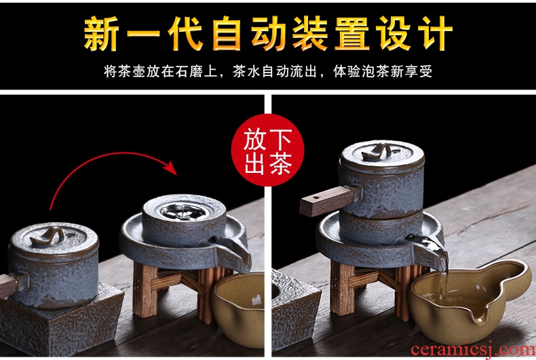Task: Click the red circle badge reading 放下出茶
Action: [267, 150]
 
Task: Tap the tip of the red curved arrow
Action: [176, 174]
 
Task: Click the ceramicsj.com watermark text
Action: [473, 350]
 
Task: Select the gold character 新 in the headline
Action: [102, 34]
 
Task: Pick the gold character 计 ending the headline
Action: [435, 34]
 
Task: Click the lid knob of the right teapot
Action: [377, 153]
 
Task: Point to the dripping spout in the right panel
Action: [428, 249]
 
